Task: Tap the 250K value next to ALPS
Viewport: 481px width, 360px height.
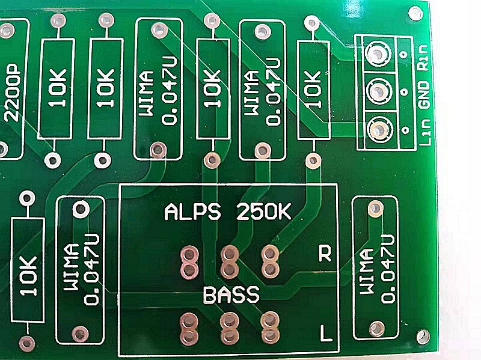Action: click(x=265, y=213)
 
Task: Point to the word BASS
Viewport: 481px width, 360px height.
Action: click(x=231, y=296)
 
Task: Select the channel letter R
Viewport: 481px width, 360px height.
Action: click(x=325, y=254)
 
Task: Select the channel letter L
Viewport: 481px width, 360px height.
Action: click(x=325, y=332)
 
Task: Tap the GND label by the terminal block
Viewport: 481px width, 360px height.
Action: click(x=424, y=100)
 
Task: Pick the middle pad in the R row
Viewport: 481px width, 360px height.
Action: click(x=228, y=260)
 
